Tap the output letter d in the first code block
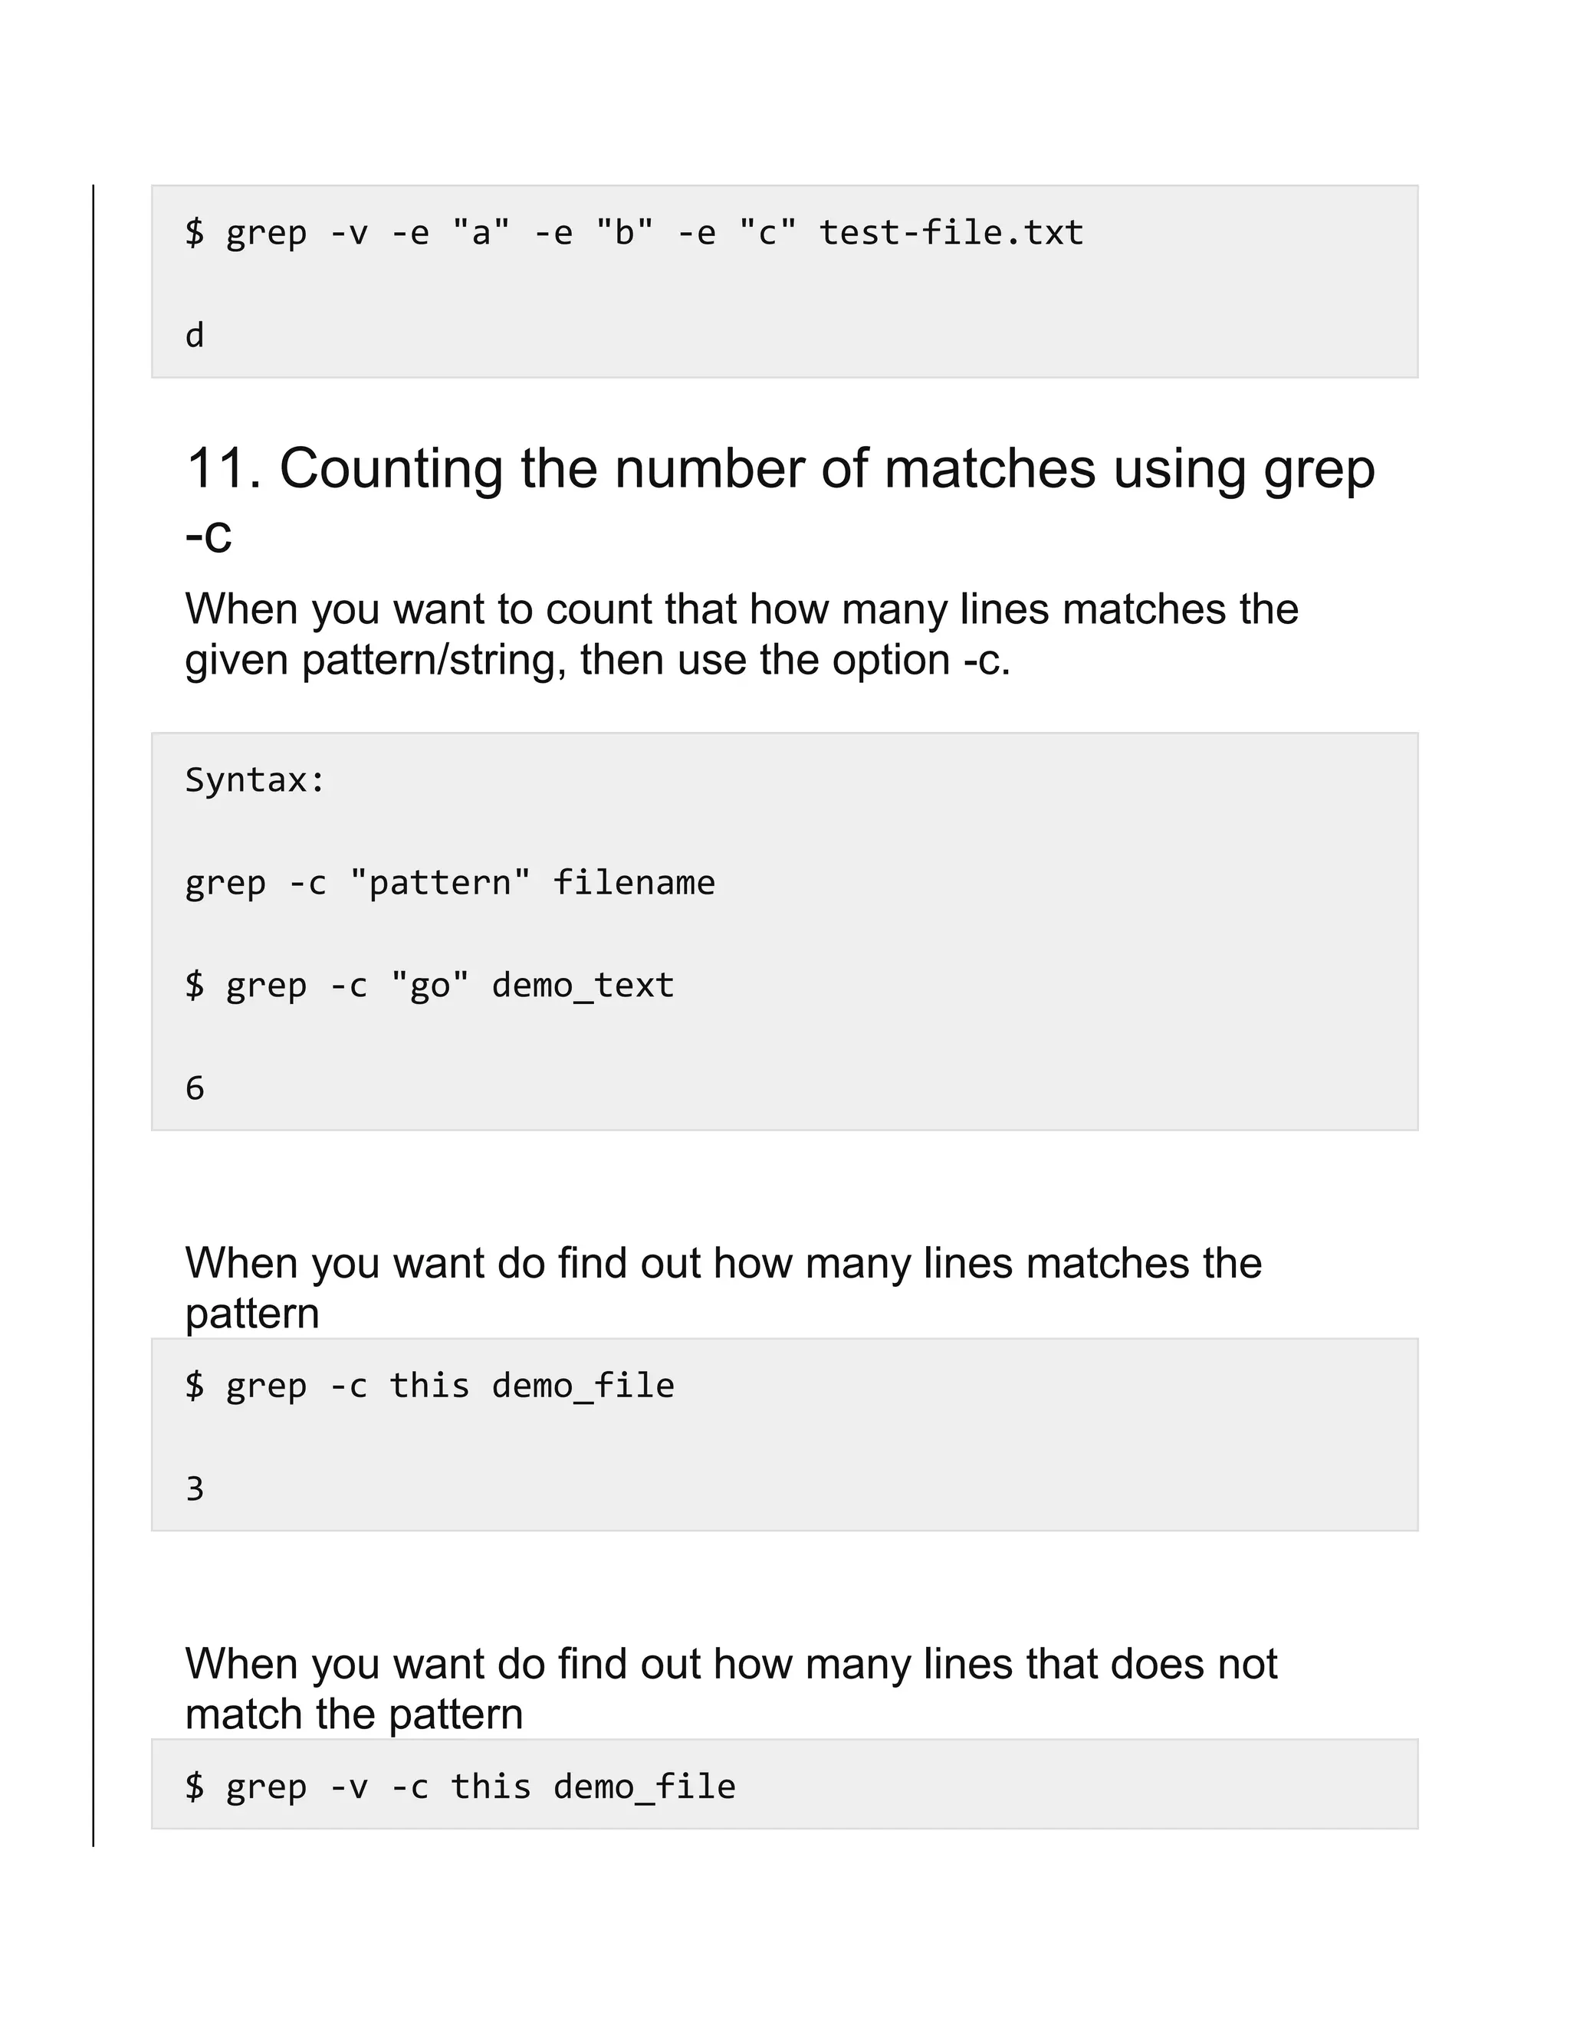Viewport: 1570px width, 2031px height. pos(195,336)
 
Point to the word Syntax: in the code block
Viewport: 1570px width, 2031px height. pos(255,780)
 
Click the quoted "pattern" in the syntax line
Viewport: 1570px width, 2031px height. pos(440,882)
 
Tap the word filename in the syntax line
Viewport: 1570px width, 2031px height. pos(633,882)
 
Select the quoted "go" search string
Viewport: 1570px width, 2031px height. pos(430,985)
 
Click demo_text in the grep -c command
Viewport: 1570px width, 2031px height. pos(583,985)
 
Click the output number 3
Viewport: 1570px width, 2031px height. pos(195,1489)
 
